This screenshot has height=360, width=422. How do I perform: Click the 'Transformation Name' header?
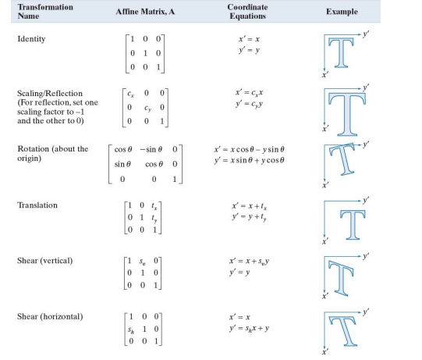(45, 12)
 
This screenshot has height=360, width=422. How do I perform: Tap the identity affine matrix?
(148, 52)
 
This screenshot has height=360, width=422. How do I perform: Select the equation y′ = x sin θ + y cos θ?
(250, 161)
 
